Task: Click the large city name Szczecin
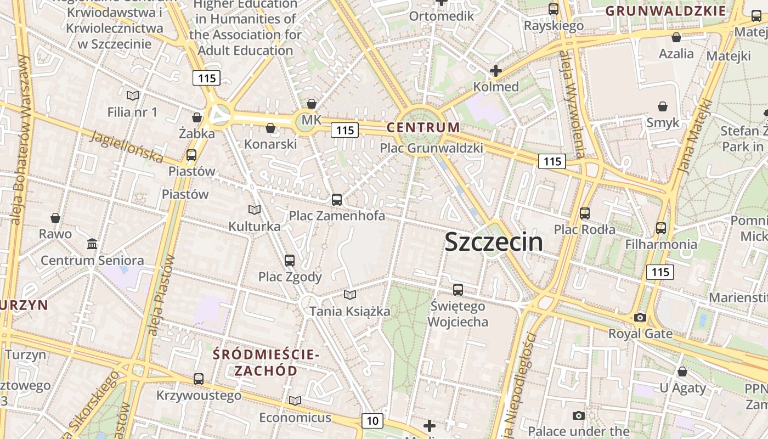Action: tap(494, 242)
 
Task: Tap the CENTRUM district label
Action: tap(423, 127)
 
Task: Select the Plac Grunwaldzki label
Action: tap(432, 148)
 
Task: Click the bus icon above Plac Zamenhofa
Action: tap(337, 200)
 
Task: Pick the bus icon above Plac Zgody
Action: tap(290, 261)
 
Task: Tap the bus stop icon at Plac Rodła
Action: tap(585, 213)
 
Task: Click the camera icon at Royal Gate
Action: tap(640, 317)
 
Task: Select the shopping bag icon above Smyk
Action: tap(663, 106)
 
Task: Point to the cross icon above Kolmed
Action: tap(496, 71)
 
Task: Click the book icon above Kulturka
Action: tap(254, 210)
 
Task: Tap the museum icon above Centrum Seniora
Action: tap(92, 244)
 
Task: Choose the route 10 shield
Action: tap(372, 421)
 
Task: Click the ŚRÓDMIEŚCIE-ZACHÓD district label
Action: tap(266, 362)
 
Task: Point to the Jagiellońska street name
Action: tap(127, 147)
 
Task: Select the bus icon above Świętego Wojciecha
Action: tap(458, 290)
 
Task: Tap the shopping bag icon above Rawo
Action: tap(55, 218)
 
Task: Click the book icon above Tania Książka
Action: tap(350, 295)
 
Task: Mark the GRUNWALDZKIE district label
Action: tap(665, 11)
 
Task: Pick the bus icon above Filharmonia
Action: tap(661, 228)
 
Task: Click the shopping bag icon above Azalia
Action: tap(676, 37)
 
